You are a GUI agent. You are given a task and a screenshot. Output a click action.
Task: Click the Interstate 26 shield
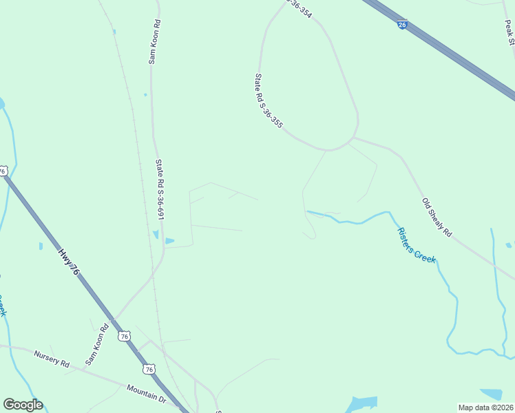point(402,25)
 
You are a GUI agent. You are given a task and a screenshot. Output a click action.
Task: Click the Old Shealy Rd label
point(437,218)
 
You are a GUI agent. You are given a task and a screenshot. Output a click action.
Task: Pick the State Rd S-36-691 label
point(160,190)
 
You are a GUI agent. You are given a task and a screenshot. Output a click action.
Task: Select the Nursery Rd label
point(52,358)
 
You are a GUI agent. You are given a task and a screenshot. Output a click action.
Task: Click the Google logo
point(23,405)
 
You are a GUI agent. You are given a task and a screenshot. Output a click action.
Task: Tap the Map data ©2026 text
point(485,407)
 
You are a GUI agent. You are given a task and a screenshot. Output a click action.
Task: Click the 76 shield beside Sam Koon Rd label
point(124,336)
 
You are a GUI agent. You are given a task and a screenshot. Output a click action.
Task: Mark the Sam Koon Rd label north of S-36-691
point(155,42)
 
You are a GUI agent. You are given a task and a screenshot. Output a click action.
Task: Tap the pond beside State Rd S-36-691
point(168,240)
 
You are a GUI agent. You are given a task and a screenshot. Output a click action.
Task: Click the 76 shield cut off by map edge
point(3,170)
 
